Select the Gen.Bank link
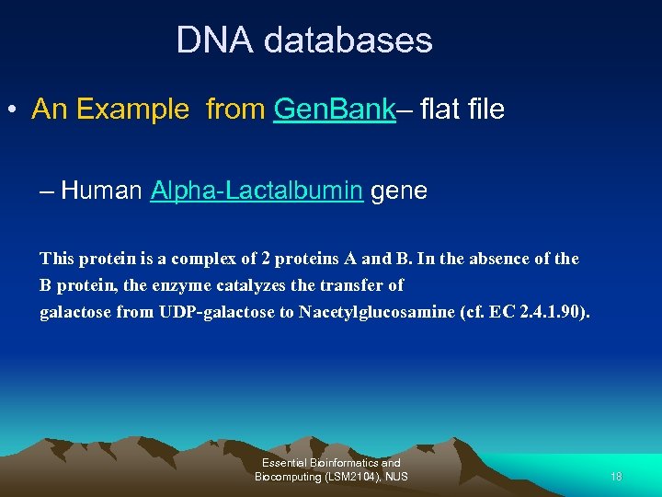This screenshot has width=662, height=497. click(x=335, y=110)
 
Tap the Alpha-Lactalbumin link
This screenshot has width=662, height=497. click(x=257, y=191)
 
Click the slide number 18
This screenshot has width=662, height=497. click(x=616, y=477)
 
